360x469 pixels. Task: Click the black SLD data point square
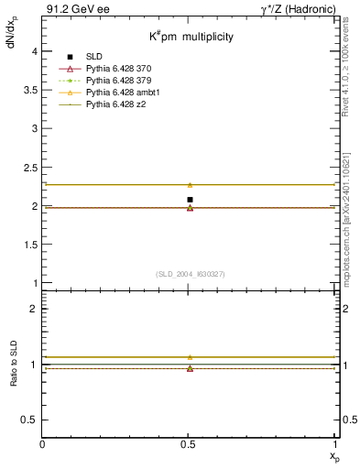click(190, 200)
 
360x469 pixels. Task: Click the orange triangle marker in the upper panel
click(190, 185)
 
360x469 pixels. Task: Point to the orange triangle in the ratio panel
click(190, 357)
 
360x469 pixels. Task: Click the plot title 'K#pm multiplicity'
click(192, 37)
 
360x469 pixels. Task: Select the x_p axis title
click(333, 455)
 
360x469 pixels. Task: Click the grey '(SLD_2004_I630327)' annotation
click(190, 274)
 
